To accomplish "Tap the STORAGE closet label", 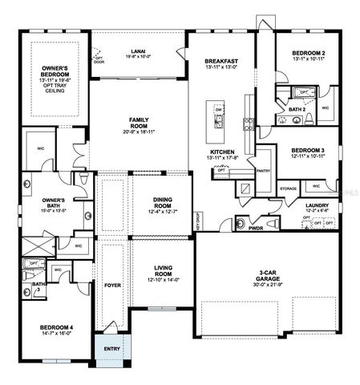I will coord(289,188).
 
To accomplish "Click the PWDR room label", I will coord(256,228).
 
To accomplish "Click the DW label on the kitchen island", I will coord(219,111).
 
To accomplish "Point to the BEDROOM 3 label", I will coord(308,151).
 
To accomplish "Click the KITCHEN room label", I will coord(221,151).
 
